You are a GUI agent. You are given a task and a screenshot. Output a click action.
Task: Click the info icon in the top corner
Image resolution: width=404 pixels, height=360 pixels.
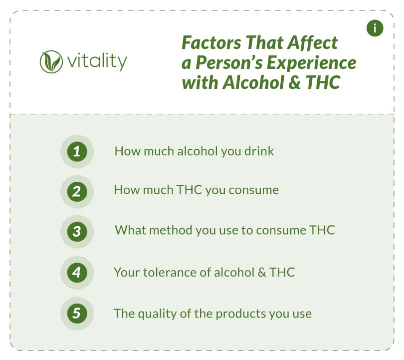375,28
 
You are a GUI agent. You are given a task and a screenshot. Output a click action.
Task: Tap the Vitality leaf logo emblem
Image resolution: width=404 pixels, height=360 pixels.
51,62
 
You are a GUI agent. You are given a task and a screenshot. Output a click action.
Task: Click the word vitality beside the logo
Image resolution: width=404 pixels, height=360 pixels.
97,61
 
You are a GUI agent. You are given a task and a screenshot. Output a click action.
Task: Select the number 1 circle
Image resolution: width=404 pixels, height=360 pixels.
77,152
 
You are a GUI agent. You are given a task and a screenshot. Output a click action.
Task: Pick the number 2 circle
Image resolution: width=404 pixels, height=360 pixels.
77,192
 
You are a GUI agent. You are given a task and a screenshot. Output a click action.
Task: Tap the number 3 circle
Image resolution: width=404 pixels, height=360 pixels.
77,232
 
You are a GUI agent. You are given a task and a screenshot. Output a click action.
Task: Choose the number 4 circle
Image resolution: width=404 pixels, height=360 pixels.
77,273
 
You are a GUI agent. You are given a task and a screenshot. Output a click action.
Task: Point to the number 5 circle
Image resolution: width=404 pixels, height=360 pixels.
77,314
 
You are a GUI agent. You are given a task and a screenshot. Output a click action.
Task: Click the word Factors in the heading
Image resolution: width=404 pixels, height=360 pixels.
211,42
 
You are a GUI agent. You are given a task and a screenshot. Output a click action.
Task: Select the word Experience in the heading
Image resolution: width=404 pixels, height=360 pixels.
312,63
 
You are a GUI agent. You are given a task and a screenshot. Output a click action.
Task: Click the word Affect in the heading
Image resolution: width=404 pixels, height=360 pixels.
312,42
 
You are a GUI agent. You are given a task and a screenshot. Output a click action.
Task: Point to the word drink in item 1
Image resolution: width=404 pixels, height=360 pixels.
259,151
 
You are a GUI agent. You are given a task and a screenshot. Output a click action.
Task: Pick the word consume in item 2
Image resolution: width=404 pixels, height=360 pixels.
253,191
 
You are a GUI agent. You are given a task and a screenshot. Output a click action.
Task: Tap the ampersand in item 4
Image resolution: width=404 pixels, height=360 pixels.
262,272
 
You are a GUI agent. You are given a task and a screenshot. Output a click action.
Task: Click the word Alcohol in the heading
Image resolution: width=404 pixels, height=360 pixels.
253,82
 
